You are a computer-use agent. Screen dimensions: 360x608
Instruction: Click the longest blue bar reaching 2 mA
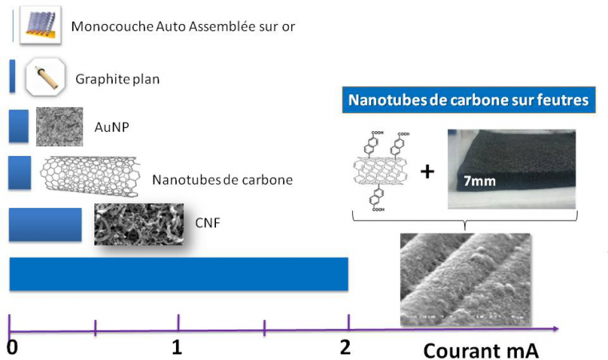(178, 274)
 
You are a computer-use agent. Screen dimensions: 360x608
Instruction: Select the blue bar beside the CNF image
(45, 225)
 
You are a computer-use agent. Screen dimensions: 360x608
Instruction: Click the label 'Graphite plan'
(118, 79)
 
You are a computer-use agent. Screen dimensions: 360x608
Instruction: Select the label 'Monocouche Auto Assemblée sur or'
(183, 26)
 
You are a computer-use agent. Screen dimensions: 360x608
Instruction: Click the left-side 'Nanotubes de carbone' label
(222, 179)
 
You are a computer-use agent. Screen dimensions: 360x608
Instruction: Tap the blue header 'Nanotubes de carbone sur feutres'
(468, 101)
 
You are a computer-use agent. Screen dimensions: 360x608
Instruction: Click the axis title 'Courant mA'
(481, 350)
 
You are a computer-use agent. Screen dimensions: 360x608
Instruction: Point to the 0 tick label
(11, 348)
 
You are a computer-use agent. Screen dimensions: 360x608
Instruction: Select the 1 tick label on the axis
(177, 348)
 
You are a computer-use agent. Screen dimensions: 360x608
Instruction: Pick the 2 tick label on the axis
(345, 348)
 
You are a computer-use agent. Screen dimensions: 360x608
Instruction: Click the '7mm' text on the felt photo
(478, 180)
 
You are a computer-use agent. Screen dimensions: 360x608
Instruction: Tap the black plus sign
(427, 170)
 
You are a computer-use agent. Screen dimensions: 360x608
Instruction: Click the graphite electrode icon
(45, 78)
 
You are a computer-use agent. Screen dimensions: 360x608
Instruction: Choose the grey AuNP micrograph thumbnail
(59, 126)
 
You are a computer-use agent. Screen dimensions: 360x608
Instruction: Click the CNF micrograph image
(134, 223)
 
